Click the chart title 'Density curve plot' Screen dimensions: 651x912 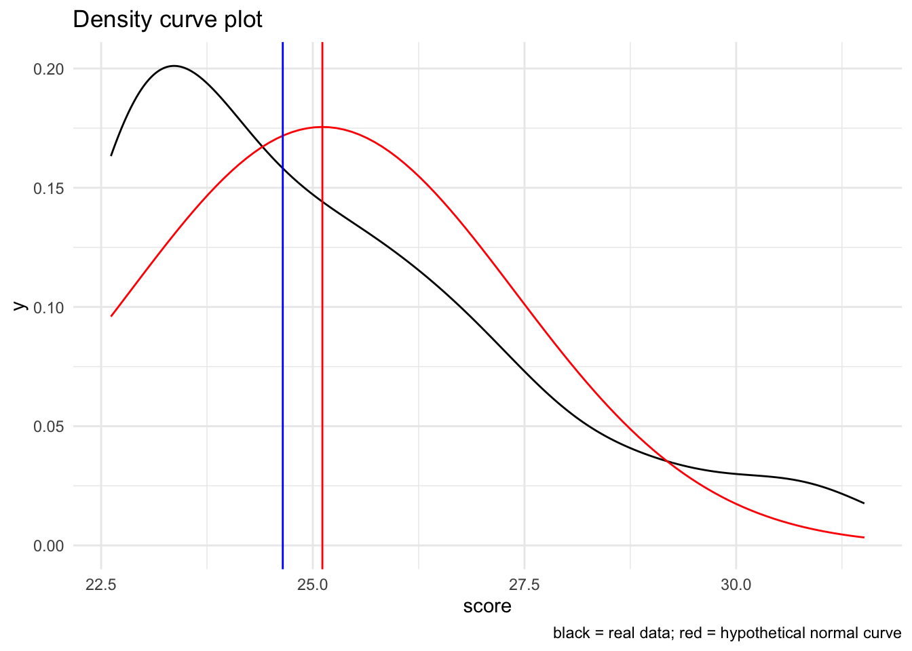[x=167, y=20]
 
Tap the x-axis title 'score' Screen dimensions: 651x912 [x=487, y=606]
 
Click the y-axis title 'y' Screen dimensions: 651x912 [x=21, y=306]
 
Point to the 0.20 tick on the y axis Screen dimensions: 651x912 [x=48, y=69]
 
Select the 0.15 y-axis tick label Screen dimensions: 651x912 [x=48, y=188]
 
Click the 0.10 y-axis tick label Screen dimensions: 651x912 [x=48, y=307]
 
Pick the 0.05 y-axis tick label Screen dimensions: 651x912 [x=48, y=427]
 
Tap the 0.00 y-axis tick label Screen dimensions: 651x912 [x=48, y=546]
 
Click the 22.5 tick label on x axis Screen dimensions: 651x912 [x=101, y=584]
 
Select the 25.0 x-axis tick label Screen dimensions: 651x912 [x=313, y=584]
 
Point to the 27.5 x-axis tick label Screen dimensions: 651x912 [x=525, y=584]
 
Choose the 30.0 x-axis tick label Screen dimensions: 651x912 [x=736, y=584]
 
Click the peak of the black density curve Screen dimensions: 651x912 [x=174, y=66]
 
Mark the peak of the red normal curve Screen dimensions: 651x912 [x=322, y=127]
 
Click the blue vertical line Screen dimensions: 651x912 [x=282, y=339]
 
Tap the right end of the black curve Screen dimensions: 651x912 [x=863, y=503]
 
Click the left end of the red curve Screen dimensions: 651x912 [x=112, y=315]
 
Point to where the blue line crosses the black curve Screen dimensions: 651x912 [x=282, y=167]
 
